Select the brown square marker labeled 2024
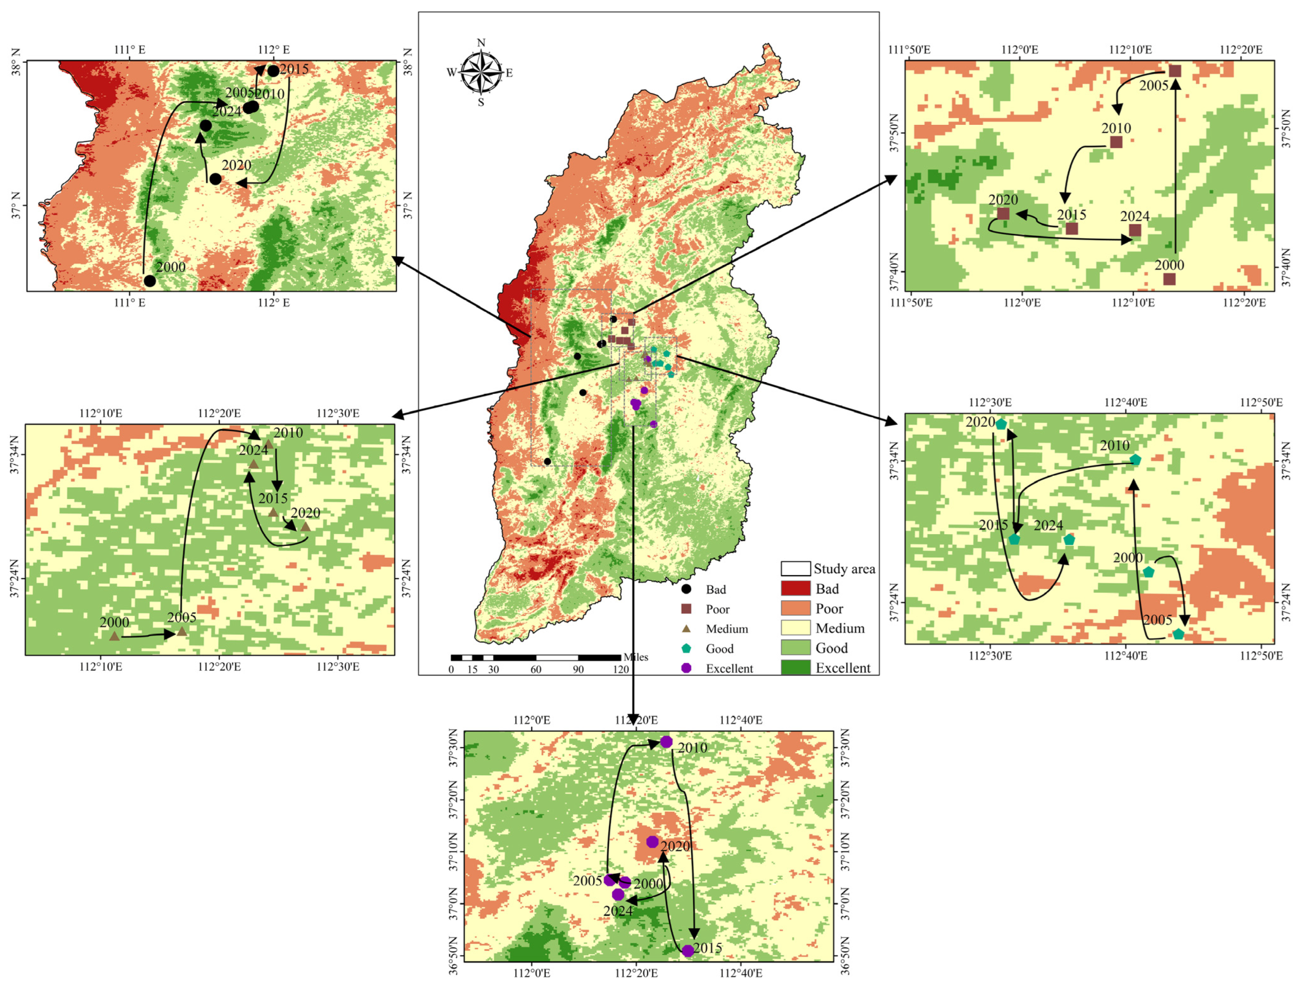1135,230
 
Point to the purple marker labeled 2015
688,950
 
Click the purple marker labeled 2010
666,742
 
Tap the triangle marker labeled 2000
114,636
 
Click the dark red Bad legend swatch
795,589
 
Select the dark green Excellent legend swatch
795,667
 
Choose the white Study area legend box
795,568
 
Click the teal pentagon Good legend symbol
686,648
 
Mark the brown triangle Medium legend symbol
686,629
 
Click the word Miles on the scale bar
636,657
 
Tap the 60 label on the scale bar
535,669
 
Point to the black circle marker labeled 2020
215,179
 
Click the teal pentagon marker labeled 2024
1069,539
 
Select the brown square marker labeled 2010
1116,142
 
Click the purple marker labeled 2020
652,841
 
